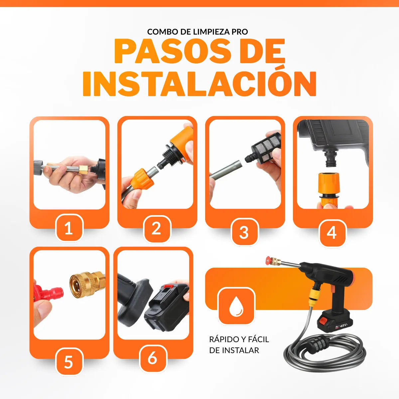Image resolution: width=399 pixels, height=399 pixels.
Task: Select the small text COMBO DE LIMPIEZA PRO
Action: pyautogui.click(x=198, y=32)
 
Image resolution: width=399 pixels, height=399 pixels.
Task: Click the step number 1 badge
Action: pyautogui.click(x=68, y=229)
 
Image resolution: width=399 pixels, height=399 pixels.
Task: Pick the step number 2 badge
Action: pyautogui.click(x=156, y=229)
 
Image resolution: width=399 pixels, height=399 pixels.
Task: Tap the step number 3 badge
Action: pyautogui.click(x=244, y=232)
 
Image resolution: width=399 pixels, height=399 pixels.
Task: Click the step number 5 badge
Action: pyautogui.click(x=68, y=362)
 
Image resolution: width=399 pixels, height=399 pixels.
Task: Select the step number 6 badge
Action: pyautogui.click(x=152, y=358)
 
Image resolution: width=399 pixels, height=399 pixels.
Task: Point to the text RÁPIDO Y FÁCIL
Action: pyautogui.click(x=239, y=339)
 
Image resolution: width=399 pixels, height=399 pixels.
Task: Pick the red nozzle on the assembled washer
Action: pyautogui.click(x=270, y=261)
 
